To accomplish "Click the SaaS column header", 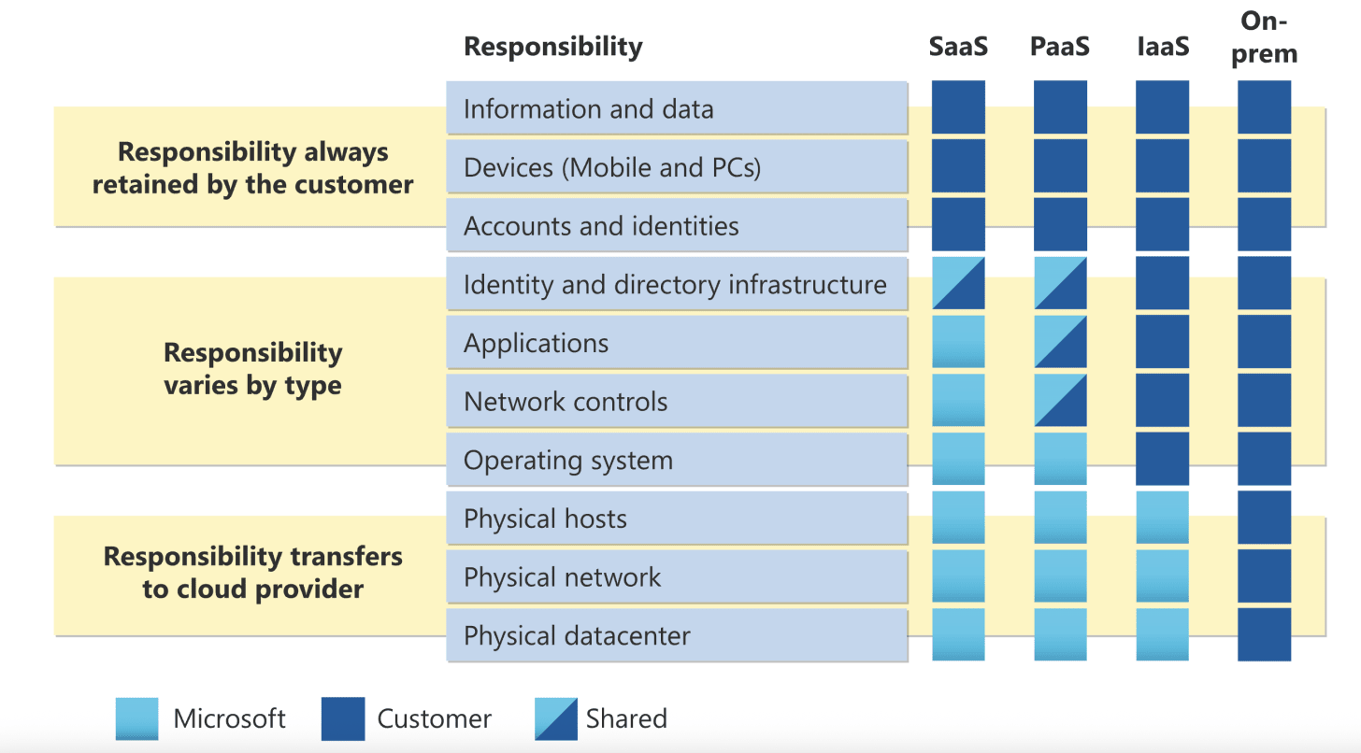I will click(x=958, y=47).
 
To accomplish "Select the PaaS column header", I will click(x=1060, y=47).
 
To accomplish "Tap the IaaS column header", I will click(x=1163, y=47).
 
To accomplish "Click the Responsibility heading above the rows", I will click(x=553, y=47).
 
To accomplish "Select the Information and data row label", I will click(x=589, y=109).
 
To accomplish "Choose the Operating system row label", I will click(x=568, y=461).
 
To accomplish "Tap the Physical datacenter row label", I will click(x=577, y=636).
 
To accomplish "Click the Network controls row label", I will click(x=566, y=402).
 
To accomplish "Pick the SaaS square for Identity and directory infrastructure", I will click(x=958, y=283).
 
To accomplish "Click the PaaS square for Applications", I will click(x=1060, y=342).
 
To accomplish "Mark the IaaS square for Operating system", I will click(x=1163, y=459).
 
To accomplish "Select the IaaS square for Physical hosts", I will click(x=1163, y=518).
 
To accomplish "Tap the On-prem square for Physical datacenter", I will click(x=1264, y=634).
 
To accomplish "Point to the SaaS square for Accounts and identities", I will click(x=958, y=224).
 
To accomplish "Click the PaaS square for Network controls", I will click(x=1060, y=400).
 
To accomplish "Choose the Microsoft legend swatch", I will click(x=136, y=718).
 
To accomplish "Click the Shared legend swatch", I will click(x=556, y=718).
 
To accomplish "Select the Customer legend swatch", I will click(x=342, y=718).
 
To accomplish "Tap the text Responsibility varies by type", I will click(x=252, y=369).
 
